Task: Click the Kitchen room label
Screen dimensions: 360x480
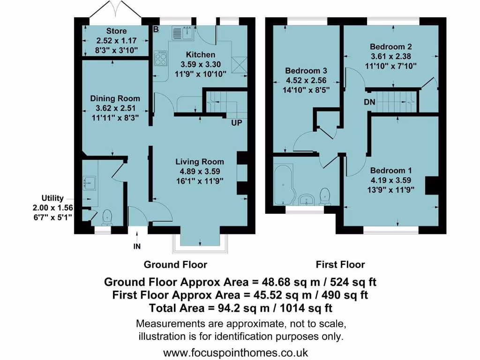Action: [x=201, y=55]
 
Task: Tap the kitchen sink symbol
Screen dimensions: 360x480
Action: [x=183, y=33]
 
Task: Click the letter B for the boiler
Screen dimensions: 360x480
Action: [x=156, y=30]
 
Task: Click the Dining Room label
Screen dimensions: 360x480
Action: [x=115, y=98]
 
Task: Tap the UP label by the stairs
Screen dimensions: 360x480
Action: [x=236, y=123]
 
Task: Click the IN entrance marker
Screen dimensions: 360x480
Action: [x=137, y=246]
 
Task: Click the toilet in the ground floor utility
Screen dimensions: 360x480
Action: [x=107, y=217]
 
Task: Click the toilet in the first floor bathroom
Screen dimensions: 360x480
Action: [x=325, y=196]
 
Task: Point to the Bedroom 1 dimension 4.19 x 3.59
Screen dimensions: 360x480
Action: [x=392, y=180]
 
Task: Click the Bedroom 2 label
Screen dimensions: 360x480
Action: [x=390, y=47]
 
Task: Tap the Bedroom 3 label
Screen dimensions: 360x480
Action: [x=306, y=71]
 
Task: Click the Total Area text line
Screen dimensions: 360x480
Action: [x=240, y=308]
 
